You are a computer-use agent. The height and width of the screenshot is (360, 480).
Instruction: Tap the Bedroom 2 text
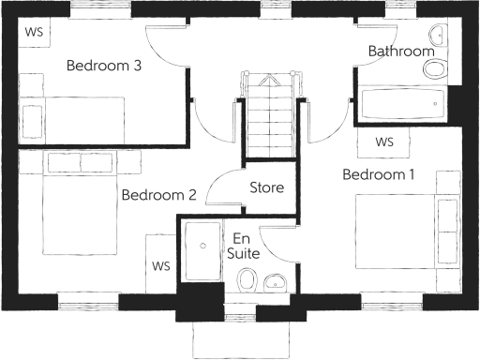click(x=158, y=195)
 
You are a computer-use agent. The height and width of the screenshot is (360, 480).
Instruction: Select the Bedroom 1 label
click(x=378, y=175)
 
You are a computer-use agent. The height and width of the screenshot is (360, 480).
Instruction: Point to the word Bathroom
click(x=401, y=50)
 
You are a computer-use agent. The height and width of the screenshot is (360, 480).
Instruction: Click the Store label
click(x=266, y=187)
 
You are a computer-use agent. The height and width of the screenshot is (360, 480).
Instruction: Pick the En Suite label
click(x=243, y=246)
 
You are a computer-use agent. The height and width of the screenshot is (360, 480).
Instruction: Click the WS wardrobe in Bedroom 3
click(x=35, y=31)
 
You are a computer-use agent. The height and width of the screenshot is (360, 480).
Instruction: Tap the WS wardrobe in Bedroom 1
click(x=384, y=142)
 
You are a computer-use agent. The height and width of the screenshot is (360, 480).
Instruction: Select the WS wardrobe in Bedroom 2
click(x=162, y=265)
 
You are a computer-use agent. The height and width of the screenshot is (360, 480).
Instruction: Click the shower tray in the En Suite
click(x=202, y=250)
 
